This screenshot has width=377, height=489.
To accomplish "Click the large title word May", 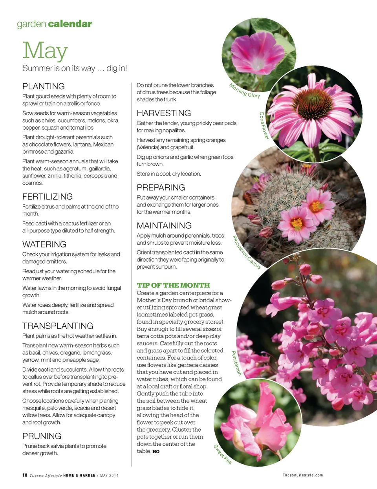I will click(x=45, y=51).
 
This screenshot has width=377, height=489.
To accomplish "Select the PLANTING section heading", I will click(x=44, y=86).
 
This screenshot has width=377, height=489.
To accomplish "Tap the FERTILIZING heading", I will click(x=48, y=197).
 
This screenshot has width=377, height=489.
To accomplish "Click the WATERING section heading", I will click(x=44, y=244).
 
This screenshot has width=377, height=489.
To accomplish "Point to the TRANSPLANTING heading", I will click(x=58, y=326).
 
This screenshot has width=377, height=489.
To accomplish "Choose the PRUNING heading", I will click(x=42, y=436).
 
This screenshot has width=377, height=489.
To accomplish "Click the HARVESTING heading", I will click(x=164, y=113).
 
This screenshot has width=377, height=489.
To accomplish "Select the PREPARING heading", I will click(x=161, y=188).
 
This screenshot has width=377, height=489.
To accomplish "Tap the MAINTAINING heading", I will click(x=164, y=226).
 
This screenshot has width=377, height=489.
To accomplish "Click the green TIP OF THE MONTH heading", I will click(x=173, y=285).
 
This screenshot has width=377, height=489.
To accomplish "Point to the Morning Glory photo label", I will click(x=245, y=91).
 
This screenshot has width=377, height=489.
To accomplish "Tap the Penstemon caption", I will click(x=236, y=363).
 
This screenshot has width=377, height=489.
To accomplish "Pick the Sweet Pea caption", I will click(x=223, y=454).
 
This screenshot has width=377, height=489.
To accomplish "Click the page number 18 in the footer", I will click(x=25, y=475).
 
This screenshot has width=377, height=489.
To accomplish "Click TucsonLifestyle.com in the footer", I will click(x=303, y=475).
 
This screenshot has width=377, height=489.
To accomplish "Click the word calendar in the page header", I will click(x=70, y=24).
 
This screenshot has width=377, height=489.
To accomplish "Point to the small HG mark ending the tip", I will click(x=156, y=452).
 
